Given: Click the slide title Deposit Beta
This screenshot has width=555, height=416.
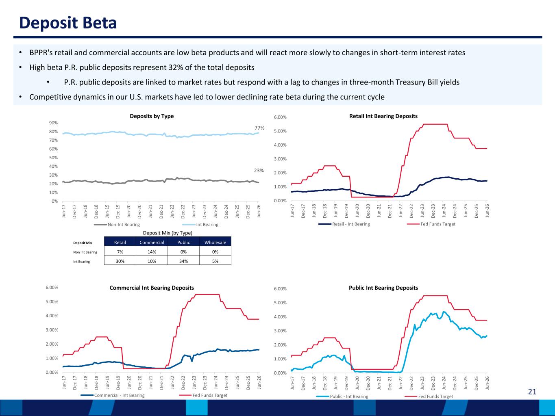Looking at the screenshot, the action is [68, 23].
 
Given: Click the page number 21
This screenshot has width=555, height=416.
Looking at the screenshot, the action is [532, 392].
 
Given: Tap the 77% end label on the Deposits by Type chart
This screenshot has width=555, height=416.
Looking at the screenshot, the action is [259, 128].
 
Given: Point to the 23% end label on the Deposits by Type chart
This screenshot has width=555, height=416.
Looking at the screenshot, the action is [259, 171].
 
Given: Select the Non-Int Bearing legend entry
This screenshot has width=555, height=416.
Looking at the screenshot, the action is [117, 225].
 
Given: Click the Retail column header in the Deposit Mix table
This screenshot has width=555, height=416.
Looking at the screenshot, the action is [120, 243].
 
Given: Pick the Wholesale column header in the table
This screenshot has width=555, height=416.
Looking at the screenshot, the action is [215, 243].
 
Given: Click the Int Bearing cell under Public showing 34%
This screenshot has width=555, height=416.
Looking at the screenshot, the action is [183, 261].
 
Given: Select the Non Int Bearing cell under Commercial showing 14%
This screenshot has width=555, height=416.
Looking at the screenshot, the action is [152, 252].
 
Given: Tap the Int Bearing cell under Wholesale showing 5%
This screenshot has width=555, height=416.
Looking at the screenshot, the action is [215, 261].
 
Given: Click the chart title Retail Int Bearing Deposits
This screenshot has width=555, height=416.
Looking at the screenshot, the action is [383, 116].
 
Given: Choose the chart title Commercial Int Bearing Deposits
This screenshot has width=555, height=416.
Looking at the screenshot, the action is [152, 288].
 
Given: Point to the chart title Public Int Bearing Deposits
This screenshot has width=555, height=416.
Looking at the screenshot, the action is [383, 288].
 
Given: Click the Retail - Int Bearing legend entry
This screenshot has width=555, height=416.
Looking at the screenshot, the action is [344, 224].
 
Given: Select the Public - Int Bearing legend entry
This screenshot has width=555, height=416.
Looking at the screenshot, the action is [342, 396].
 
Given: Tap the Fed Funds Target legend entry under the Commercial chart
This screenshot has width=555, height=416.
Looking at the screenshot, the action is [203, 395].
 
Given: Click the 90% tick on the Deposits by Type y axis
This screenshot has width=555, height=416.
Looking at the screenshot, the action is [53, 123].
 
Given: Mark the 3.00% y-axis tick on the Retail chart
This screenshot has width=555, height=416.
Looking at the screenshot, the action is [281, 159].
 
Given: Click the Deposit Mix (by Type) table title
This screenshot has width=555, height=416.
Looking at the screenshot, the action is [168, 233].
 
